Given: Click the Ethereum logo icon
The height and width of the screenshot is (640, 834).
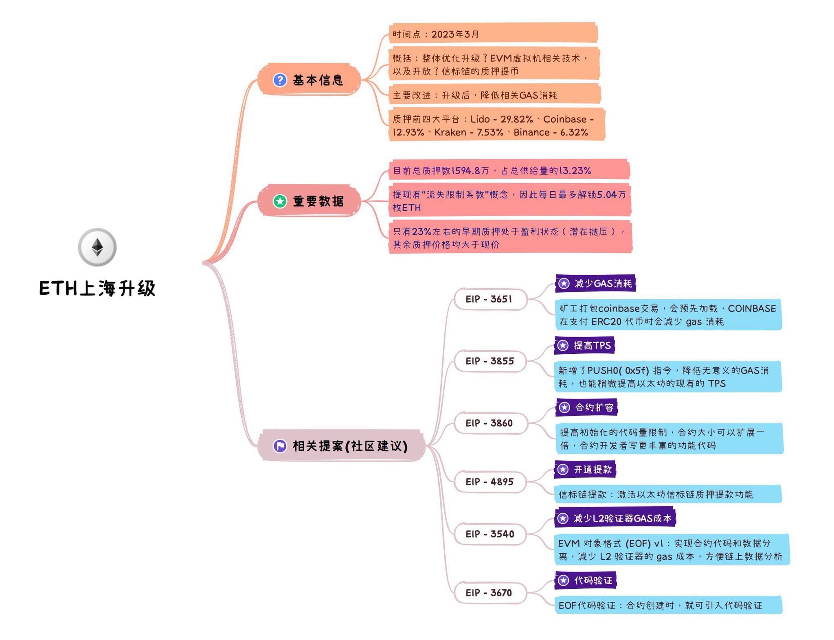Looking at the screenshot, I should (97, 247).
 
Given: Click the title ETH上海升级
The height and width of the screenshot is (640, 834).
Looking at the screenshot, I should (97, 288).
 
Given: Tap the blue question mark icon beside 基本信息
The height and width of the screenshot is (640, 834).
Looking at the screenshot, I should (280, 80).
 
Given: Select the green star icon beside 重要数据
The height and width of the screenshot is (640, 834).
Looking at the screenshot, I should (280, 201).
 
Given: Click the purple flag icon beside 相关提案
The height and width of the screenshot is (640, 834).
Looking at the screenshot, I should (280, 446).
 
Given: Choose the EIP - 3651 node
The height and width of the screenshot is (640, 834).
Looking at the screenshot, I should (489, 299).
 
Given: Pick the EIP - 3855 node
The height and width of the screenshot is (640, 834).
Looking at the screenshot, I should (489, 361).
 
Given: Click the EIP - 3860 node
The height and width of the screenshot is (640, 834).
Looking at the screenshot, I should (489, 423).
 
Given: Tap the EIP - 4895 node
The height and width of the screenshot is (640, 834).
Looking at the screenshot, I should (489, 482).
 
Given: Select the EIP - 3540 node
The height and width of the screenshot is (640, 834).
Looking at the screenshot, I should (489, 534).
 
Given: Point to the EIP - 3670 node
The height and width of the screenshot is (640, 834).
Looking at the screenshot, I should (489, 593).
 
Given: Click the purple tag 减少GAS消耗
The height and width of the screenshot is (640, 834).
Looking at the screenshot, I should (595, 283).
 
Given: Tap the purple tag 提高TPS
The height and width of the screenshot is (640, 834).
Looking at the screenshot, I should (585, 346).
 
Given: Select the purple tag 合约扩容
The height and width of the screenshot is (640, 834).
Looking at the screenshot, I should (586, 408).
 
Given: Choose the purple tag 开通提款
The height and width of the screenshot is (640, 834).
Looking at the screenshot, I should (585, 469).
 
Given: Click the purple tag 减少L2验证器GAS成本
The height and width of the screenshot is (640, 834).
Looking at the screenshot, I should (615, 518).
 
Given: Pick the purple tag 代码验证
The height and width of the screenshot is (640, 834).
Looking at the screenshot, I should (586, 581).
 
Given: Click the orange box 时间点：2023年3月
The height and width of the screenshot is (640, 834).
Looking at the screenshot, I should (493, 34).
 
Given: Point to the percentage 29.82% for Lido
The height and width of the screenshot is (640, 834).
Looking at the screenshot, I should (516, 119).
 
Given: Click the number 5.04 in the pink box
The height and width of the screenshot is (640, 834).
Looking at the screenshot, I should (607, 195).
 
